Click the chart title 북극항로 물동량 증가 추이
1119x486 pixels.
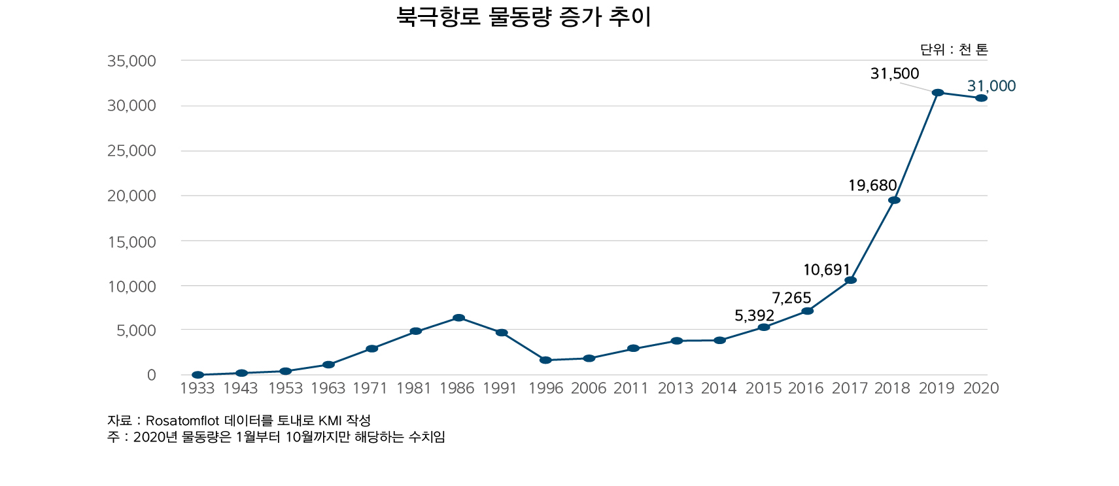(x=524, y=17)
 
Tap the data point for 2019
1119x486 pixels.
(x=938, y=92)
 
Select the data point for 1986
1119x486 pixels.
(x=458, y=318)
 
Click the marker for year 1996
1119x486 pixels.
(x=545, y=360)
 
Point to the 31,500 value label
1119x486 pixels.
(x=894, y=74)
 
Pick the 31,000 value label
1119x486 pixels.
(x=991, y=86)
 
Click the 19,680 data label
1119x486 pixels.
(x=872, y=186)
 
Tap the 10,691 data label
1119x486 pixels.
(x=826, y=270)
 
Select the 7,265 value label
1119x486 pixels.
(x=791, y=298)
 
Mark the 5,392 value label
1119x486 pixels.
(x=754, y=316)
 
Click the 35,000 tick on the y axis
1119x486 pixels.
(x=131, y=61)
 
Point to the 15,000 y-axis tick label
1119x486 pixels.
(x=131, y=242)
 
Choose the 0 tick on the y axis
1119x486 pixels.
(x=151, y=375)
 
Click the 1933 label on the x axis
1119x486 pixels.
(x=197, y=389)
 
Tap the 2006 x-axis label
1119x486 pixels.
(x=589, y=389)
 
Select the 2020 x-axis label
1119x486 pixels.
(x=981, y=389)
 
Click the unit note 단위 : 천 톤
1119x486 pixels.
(x=954, y=50)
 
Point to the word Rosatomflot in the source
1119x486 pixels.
(x=182, y=421)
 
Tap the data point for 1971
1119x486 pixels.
(x=371, y=349)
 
